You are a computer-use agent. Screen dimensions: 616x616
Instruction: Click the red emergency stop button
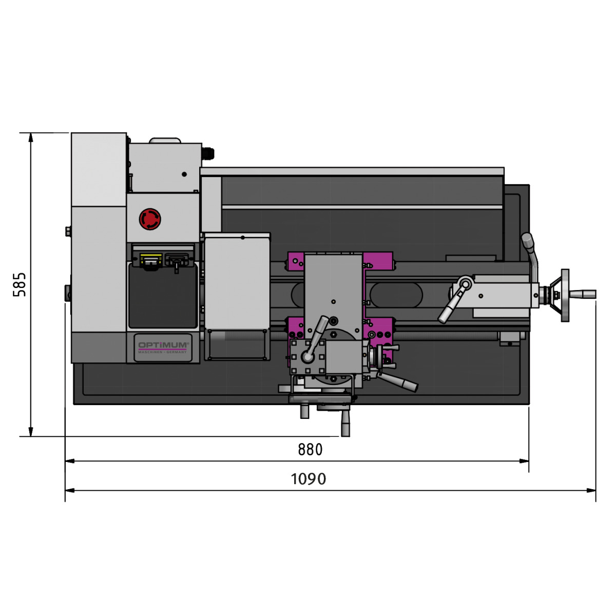[x=150, y=219]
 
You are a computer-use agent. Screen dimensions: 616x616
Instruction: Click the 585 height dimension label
[x=20, y=284]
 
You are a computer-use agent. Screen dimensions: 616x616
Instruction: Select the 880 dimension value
[x=310, y=450]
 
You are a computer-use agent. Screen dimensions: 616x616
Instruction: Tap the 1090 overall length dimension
[x=308, y=479]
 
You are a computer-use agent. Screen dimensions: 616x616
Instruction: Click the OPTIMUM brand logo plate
[x=163, y=348]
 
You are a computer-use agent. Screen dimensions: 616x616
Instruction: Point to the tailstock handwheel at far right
[x=565, y=295]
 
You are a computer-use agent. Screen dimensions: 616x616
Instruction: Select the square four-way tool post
[x=307, y=357]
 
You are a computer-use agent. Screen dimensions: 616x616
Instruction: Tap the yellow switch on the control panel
[x=151, y=260]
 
